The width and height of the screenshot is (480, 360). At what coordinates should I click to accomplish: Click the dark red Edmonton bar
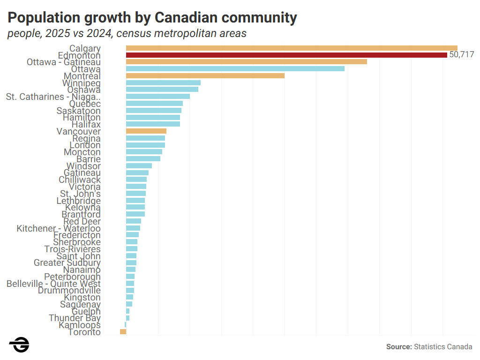click(x=286, y=55)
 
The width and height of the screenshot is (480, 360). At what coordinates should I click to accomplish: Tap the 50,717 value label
click(x=462, y=55)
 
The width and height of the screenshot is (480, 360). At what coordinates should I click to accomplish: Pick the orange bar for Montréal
click(x=205, y=75)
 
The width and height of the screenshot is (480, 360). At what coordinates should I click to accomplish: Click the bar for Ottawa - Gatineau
click(x=247, y=62)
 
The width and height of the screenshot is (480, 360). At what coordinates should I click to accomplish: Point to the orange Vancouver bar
click(x=146, y=131)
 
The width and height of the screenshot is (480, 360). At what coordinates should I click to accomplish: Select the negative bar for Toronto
click(x=123, y=332)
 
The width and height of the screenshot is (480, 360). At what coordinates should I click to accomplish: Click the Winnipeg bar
click(x=163, y=82)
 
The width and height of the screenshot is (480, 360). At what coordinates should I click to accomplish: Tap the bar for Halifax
click(x=153, y=124)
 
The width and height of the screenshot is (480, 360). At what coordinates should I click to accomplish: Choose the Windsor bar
click(x=139, y=166)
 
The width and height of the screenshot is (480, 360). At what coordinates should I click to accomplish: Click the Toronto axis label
click(x=84, y=332)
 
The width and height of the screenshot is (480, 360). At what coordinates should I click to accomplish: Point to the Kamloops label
click(x=80, y=325)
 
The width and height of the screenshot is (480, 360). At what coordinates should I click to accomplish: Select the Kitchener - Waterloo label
click(x=59, y=228)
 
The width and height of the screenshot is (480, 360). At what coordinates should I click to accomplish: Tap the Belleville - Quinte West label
click(x=53, y=284)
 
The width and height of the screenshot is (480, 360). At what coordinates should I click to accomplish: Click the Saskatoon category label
click(x=78, y=111)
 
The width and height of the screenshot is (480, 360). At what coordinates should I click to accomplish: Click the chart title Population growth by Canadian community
click(x=152, y=18)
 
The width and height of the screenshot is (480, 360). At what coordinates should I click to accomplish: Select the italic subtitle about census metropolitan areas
click(x=127, y=34)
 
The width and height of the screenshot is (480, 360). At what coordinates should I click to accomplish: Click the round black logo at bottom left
click(x=19, y=345)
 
